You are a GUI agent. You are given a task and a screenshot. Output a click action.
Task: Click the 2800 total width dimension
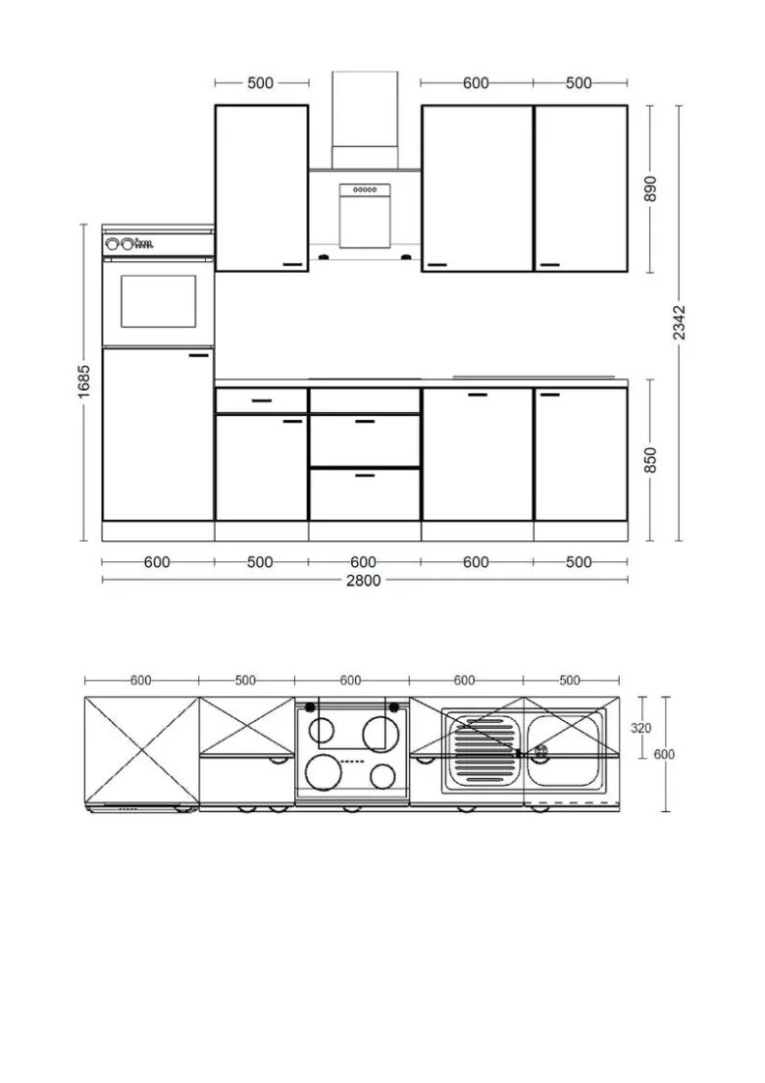pos(363,580)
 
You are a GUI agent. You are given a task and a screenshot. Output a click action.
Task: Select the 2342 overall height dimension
pos(680,323)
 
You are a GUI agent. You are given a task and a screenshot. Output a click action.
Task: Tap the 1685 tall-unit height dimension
pos(83,382)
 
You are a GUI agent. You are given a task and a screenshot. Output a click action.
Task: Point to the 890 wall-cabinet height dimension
pos(650,188)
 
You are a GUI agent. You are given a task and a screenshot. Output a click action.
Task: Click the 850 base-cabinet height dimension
pos(650,460)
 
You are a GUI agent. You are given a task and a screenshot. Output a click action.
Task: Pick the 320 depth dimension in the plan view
pos(640,727)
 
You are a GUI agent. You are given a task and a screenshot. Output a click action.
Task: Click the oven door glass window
pos(158,301)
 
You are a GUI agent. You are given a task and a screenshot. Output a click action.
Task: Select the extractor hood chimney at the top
pos(365,109)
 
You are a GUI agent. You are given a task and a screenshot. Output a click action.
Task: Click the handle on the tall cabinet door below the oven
pos(199,355)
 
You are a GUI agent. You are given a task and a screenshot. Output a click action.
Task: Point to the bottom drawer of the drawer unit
pos(365,494)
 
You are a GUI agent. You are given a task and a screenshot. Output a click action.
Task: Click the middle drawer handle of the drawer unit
pos(365,421)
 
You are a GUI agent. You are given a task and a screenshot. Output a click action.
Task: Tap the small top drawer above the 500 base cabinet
pos(261,400)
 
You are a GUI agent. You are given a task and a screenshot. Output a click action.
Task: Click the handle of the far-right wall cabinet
pos(549,265)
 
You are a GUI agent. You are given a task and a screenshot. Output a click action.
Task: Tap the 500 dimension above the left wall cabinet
pos(260,82)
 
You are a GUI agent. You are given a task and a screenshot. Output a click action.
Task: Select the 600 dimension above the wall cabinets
pos(476,82)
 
